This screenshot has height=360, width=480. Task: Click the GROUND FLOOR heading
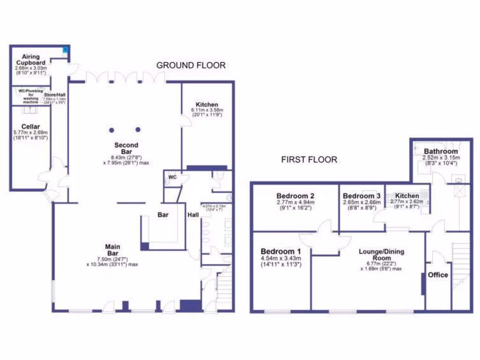point(191,65)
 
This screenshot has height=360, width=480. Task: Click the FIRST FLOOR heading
point(309,159)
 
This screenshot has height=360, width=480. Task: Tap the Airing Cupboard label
point(30,60)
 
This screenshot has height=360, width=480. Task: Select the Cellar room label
point(30,127)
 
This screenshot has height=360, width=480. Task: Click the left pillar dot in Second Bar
point(112,129)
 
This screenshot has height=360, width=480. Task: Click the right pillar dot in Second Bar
point(138,129)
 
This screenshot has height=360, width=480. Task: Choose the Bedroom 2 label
point(295,195)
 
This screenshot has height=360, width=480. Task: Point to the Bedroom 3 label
point(361,195)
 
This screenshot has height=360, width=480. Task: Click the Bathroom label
point(441,151)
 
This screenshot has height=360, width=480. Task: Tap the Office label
point(438,275)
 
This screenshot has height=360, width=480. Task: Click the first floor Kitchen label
point(406,195)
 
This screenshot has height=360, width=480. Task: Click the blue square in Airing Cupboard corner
point(65,49)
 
